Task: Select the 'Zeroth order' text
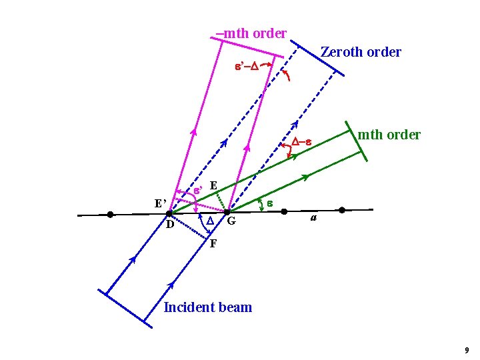(x=361, y=52)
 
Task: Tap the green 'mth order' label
(x=389, y=135)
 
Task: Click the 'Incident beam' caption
(x=208, y=307)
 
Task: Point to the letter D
(x=170, y=225)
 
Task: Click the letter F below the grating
(x=213, y=243)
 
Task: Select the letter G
(x=231, y=221)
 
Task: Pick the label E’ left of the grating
(x=160, y=203)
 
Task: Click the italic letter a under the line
(x=313, y=218)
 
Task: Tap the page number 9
(x=467, y=350)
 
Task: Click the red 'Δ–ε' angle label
(x=301, y=141)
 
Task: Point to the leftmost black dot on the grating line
(x=110, y=215)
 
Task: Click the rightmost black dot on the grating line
(x=342, y=210)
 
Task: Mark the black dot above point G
(x=227, y=212)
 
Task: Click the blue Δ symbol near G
(x=209, y=221)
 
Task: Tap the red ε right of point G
(x=271, y=201)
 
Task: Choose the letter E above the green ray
(x=213, y=185)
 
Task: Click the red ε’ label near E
(x=198, y=191)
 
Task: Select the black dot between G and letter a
(x=284, y=211)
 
